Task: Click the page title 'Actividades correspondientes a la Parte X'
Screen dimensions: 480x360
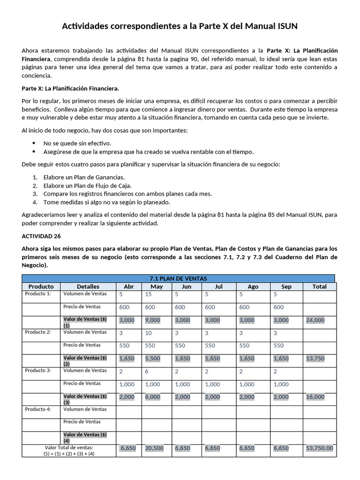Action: point(180,26)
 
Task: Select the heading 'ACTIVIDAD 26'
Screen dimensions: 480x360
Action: point(41,236)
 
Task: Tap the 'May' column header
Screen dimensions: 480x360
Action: point(157,286)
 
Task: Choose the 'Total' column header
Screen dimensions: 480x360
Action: point(319,286)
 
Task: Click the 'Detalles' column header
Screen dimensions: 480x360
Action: point(88,286)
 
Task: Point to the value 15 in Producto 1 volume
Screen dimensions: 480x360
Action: point(149,294)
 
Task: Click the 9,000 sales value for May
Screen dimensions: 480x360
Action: point(152,320)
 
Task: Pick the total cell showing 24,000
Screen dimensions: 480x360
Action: point(315,320)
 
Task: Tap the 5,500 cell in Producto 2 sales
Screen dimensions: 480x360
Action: point(152,359)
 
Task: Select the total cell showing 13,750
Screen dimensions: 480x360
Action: point(315,359)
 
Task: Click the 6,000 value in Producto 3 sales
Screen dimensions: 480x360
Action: point(152,397)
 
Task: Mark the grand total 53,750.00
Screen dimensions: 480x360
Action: point(319,448)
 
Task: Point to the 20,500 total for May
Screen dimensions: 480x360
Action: point(154,448)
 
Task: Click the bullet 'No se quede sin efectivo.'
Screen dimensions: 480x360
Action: point(77,143)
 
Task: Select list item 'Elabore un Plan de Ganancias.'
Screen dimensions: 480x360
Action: point(84,177)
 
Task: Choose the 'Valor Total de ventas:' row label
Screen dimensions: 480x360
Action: point(69,448)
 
